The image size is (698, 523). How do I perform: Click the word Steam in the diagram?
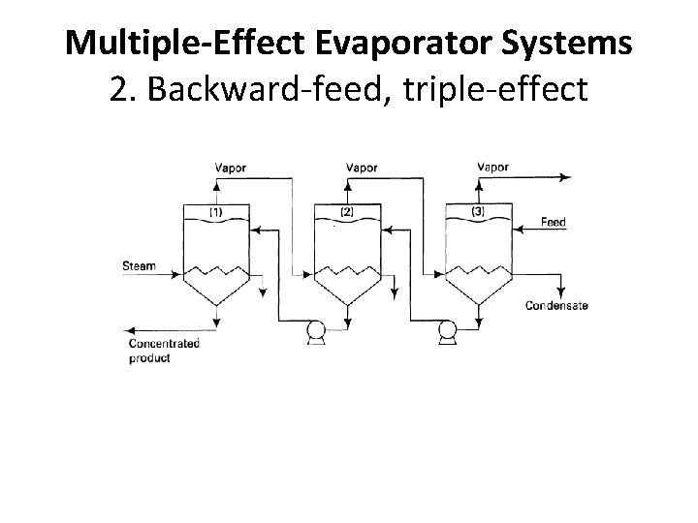coord(139,264)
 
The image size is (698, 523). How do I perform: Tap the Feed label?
coord(553,223)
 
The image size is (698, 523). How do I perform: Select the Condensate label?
coord(556,306)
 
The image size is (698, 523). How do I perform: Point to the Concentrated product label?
coord(164,351)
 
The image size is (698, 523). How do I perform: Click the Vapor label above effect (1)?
coord(230,168)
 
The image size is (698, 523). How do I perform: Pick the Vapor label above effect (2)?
coord(361,168)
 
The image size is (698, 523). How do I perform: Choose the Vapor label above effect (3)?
coord(492,168)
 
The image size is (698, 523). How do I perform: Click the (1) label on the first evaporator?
coord(215,211)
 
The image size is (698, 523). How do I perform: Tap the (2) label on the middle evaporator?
coord(346,211)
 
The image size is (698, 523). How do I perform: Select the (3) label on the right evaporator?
coord(478,211)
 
